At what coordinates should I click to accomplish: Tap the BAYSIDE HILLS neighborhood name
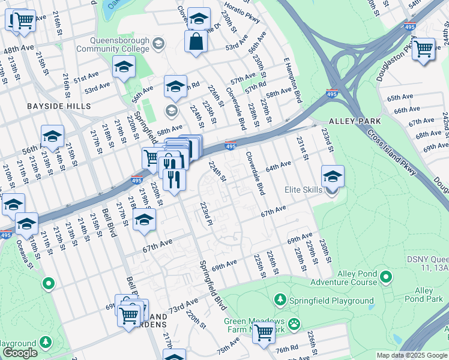(x=58, y=106)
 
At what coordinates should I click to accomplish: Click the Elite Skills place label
(x=304, y=191)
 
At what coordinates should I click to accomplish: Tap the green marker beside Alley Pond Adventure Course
(x=386, y=277)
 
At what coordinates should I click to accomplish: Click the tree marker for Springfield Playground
(x=280, y=299)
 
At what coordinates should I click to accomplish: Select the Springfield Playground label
(x=331, y=301)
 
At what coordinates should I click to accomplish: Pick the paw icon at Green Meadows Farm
(x=294, y=325)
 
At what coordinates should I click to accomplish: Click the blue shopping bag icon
(x=196, y=42)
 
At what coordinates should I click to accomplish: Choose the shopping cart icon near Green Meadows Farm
(x=264, y=332)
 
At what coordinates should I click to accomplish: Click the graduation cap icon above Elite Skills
(x=332, y=176)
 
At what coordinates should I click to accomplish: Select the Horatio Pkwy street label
(x=242, y=13)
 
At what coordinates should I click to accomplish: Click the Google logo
(x=20, y=353)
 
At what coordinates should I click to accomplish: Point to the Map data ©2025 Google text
(x=411, y=355)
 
